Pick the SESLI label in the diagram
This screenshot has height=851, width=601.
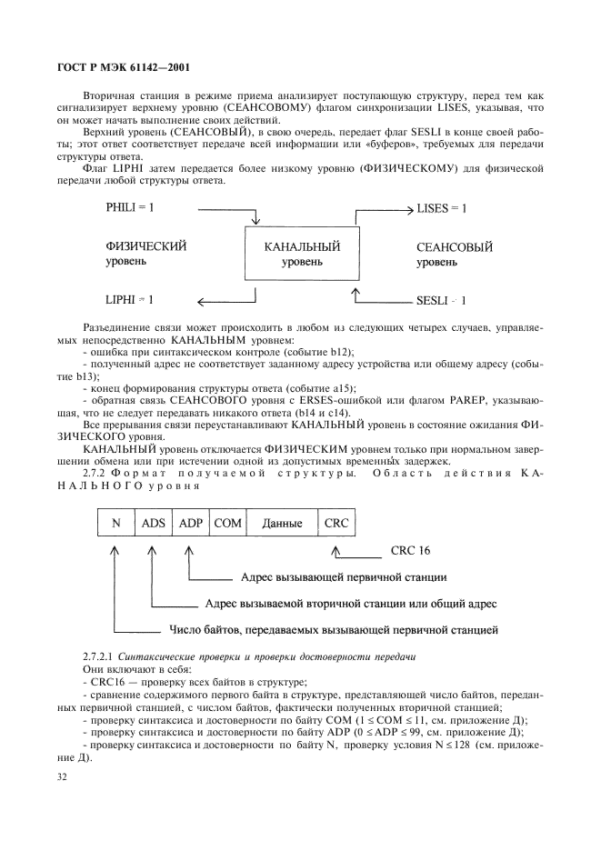point(441,298)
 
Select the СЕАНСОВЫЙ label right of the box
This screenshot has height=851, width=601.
point(455,245)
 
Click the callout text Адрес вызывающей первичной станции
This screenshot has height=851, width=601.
point(344,578)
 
